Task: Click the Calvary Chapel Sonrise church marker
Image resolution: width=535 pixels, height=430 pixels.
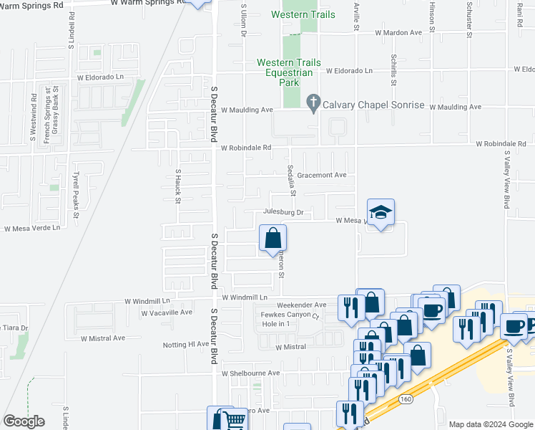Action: pyautogui.click(x=313, y=103)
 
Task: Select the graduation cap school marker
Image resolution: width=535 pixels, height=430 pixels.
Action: pyautogui.click(x=381, y=212)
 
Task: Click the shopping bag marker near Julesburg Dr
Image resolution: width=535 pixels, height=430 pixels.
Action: pyautogui.click(x=273, y=239)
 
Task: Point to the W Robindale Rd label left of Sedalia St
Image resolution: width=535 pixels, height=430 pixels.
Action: pyautogui.click(x=247, y=148)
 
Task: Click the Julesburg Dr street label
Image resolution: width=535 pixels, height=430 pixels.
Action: pyautogui.click(x=283, y=212)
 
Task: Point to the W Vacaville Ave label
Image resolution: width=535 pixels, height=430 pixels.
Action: pyautogui.click(x=167, y=312)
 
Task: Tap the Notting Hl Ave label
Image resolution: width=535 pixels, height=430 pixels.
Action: pyautogui.click(x=185, y=344)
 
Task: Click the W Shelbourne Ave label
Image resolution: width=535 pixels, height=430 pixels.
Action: pyautogui.click(x=250, y=373)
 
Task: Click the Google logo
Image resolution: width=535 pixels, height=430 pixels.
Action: pyautogui.click(x=24, y=421)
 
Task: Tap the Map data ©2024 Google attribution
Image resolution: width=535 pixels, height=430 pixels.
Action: pyautogui.click(x=490, y=424)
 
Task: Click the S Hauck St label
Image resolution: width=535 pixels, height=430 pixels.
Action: pyautogui.click(x=178, y=186)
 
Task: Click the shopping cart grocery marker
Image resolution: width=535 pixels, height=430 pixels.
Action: pyautogui.click(x=233, y=420)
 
